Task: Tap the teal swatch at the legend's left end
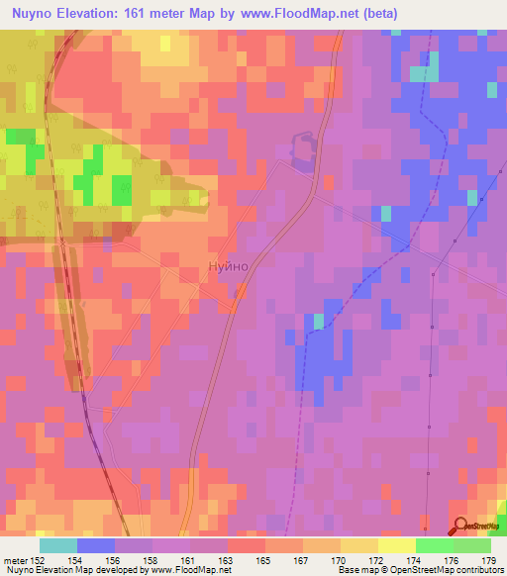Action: [57, 545]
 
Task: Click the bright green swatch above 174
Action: [434, 545]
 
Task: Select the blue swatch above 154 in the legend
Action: [95, 545]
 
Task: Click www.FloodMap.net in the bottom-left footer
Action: [194, 570]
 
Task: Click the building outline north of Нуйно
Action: [301, 149]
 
